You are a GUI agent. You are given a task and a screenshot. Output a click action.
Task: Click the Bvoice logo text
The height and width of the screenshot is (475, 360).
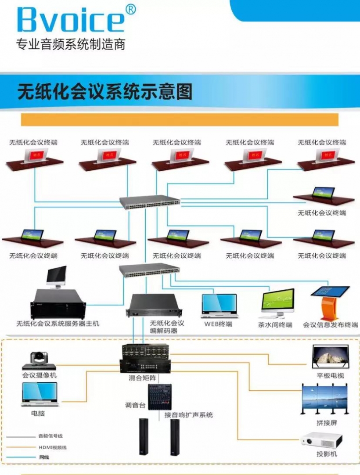[x=70, y=20]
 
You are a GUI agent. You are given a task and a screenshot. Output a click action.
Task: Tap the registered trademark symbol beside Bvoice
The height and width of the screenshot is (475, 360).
[x=130, y=9]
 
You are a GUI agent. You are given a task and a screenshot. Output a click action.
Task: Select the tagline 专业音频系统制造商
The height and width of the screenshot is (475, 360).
[x=70, y=44]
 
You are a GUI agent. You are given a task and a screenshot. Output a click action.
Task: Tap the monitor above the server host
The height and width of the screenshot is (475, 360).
[x=57, y=276]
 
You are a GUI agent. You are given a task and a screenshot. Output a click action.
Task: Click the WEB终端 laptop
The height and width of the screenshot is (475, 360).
[x=219, y=306]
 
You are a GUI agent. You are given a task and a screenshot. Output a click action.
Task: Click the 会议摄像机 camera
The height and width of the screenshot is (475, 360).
[x=39, y=360]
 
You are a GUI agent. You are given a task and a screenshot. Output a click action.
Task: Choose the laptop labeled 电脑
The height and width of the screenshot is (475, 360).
[x=40, y=394]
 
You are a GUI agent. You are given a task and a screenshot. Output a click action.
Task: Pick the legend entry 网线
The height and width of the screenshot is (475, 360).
[x=44, y=457]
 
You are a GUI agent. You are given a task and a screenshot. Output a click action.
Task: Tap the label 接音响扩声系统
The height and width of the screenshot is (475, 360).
[x=188, y=415]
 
